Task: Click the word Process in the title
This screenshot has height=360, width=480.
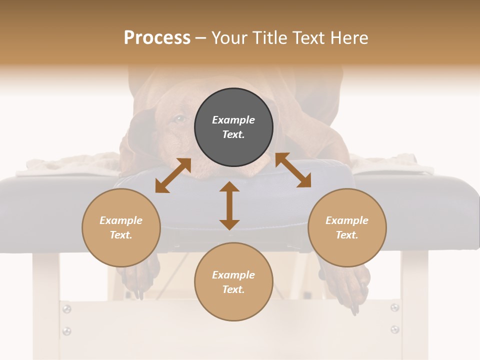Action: (x=157, y=38)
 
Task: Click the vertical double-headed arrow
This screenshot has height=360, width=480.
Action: (x=229, y=206)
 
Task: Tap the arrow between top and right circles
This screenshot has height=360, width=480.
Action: (x=293, y=170)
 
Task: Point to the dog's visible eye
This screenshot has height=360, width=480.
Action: (x=179, y=119)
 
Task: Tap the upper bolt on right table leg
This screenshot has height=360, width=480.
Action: (x=395, y=307)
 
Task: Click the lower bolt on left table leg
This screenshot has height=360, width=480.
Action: (x=66, y=331)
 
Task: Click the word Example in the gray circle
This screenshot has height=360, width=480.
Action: (x=233, y=120)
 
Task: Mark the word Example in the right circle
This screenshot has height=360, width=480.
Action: (x=347, y=220)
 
